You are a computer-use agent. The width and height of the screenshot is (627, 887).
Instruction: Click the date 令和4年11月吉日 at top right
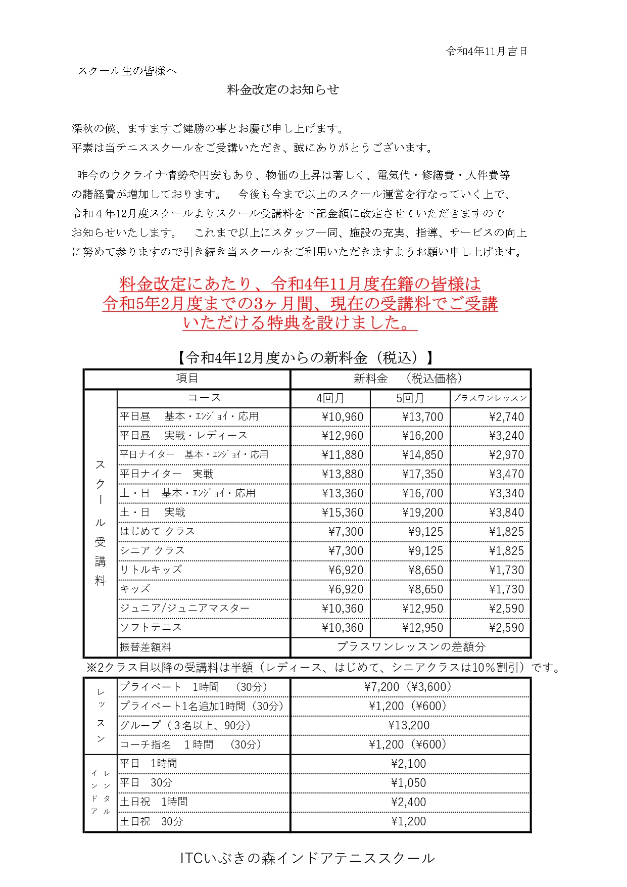(x=487, y=51)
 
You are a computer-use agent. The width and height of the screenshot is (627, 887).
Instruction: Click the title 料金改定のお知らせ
(x=283, y=89)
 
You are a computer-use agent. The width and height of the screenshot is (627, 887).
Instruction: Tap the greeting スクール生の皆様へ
(x=127, y=71)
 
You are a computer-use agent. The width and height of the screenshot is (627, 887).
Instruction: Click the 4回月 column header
(x=330, y=398)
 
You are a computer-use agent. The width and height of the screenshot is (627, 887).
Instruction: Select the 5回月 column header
(x=410, y=398)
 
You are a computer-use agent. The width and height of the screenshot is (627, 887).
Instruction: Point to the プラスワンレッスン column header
(x=490, y=398)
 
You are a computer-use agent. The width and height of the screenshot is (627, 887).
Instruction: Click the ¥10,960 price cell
(x=343, y=417)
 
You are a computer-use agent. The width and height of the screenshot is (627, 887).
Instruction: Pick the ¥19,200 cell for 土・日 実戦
(x=422, y=512)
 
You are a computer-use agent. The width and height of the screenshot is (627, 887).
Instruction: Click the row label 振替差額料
(x=146, y=647)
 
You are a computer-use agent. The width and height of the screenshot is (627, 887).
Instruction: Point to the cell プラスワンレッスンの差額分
(x=411, y=646)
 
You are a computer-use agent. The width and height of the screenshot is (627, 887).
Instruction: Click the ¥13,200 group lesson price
(x=409, y=725)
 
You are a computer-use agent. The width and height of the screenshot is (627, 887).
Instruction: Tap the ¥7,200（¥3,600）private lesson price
(x=409, y=686)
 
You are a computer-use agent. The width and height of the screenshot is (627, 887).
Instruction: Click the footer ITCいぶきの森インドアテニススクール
(x=307, y=858)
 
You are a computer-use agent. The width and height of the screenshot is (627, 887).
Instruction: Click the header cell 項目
(x=187, y=379)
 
